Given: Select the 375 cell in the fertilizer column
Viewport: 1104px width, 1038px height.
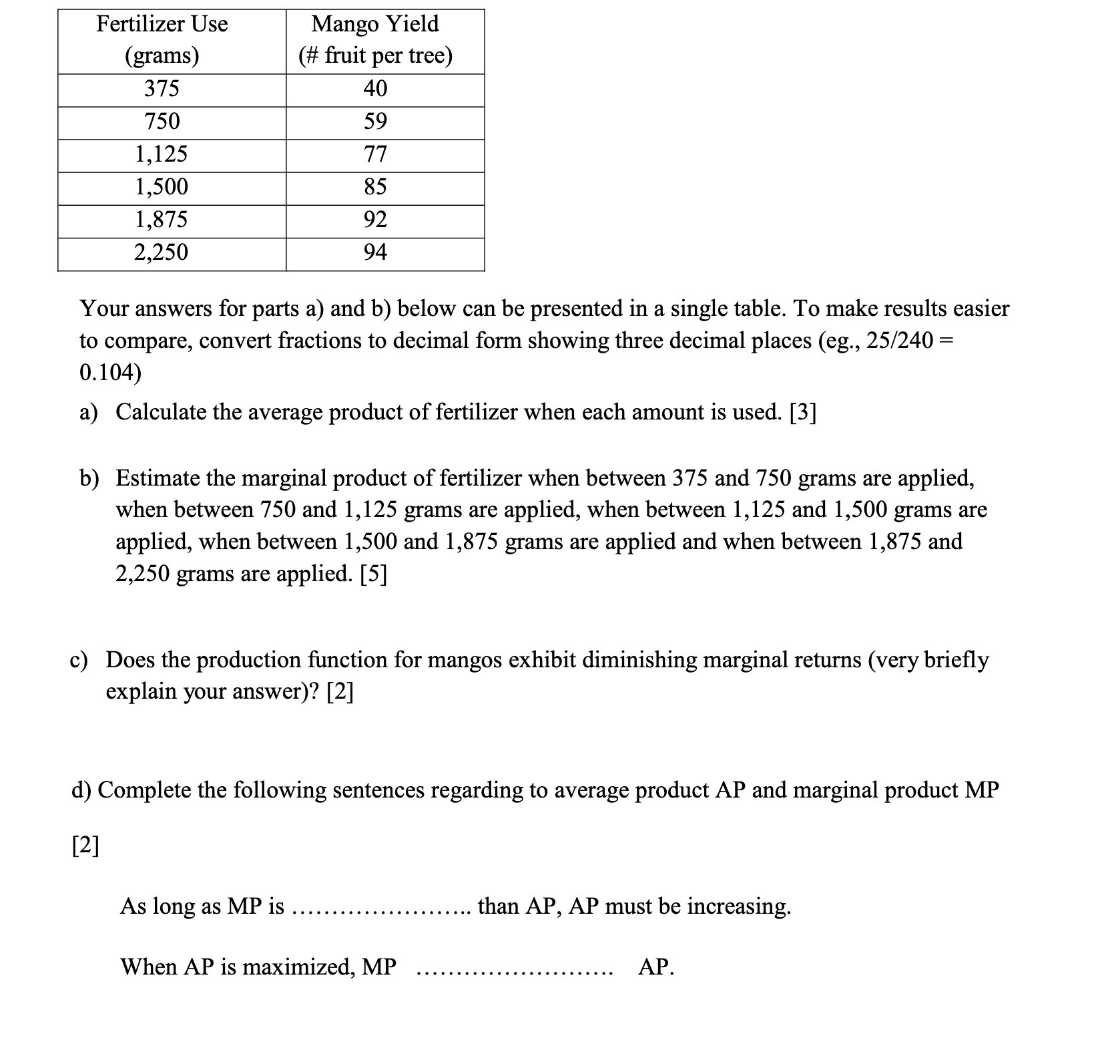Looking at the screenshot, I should click(162, 89).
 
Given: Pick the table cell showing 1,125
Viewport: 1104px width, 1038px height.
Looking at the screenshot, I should click(162, 154).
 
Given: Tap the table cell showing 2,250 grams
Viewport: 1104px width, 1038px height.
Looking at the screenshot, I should click(162, 252).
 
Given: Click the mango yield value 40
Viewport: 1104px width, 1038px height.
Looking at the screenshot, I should click(375, 89).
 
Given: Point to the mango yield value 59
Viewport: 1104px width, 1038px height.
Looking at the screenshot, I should click(375, 122).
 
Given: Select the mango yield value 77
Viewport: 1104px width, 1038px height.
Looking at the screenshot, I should click(375, 154).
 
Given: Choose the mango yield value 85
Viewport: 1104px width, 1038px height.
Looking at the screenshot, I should click(375, 187).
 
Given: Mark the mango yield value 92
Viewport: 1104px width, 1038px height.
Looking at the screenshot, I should click(375, 220).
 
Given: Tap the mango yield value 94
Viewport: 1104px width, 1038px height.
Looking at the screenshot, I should click(375, 252).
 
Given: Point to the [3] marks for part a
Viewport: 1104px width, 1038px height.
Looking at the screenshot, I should click(802, 413).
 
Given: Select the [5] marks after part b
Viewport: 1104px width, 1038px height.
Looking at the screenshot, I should click(373, 574).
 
